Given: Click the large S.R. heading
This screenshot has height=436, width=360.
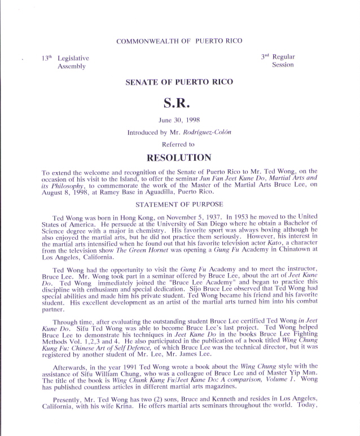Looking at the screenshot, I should pos(179,103).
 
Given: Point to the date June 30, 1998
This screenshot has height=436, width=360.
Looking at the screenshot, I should pos(179,120).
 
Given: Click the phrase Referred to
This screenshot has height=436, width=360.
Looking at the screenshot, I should pos(179,144).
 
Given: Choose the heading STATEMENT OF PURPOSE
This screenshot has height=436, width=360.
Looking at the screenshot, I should pos(179,204).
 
